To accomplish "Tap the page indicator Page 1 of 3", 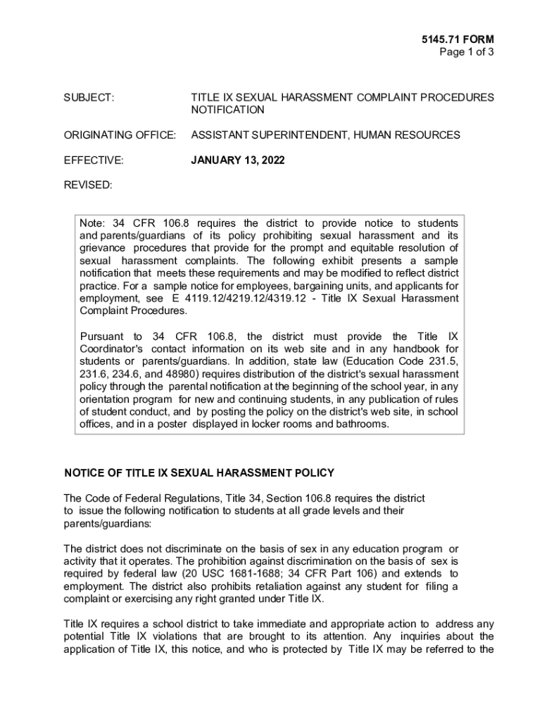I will [x=466, y=52].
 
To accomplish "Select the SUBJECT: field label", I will [x=89, y=97].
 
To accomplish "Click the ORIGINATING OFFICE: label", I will [x=120, y=135].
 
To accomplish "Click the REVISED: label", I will [x=88, y=185].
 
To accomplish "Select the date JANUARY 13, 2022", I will [x=238, y=161].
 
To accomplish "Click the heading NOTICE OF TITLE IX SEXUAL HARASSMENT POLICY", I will [x=199, y=473].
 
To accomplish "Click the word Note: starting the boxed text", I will [x=93, y=222].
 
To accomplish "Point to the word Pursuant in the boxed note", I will [x=102, y=336].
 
